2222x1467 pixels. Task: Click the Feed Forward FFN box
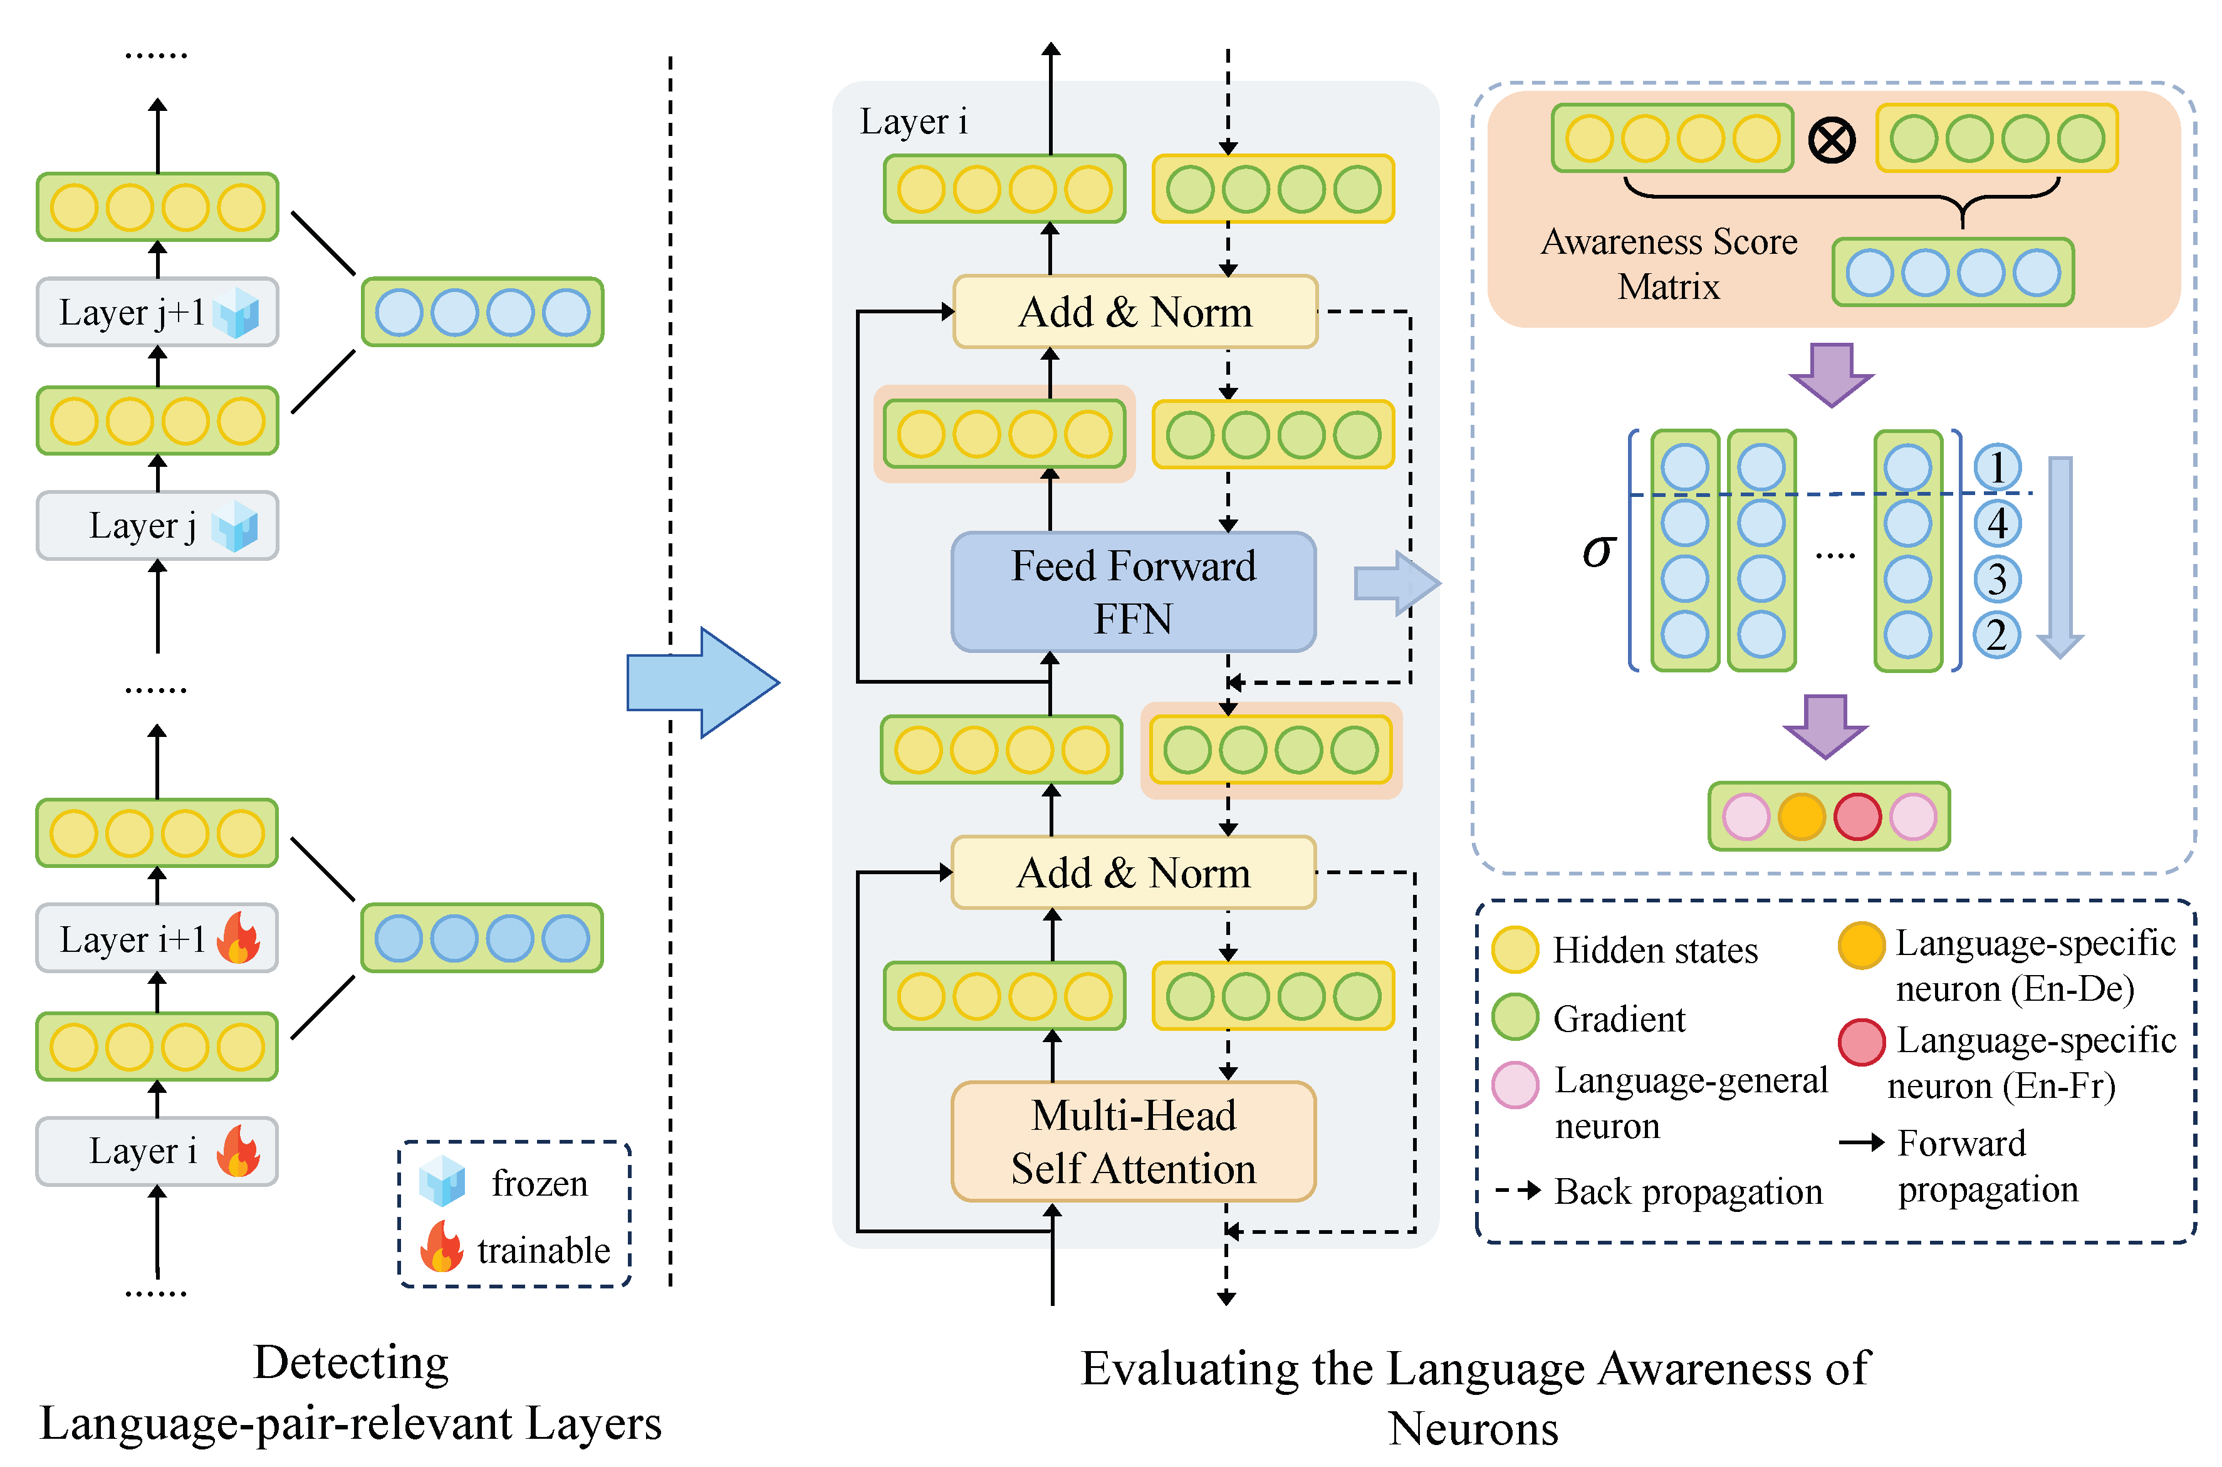(1133, 592)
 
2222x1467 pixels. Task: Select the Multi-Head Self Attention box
(1133, 1141)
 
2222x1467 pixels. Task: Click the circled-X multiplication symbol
(1831, 140)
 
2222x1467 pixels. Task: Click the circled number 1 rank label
(1996, 467)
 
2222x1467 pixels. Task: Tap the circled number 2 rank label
(1996, 635)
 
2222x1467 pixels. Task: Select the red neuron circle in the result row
(1857, 816)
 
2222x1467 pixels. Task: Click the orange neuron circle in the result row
(1801, 816)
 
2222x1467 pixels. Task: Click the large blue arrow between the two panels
(702, 682)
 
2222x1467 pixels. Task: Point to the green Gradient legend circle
(1515, 1017)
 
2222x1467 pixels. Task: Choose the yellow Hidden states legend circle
(1515, 949)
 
